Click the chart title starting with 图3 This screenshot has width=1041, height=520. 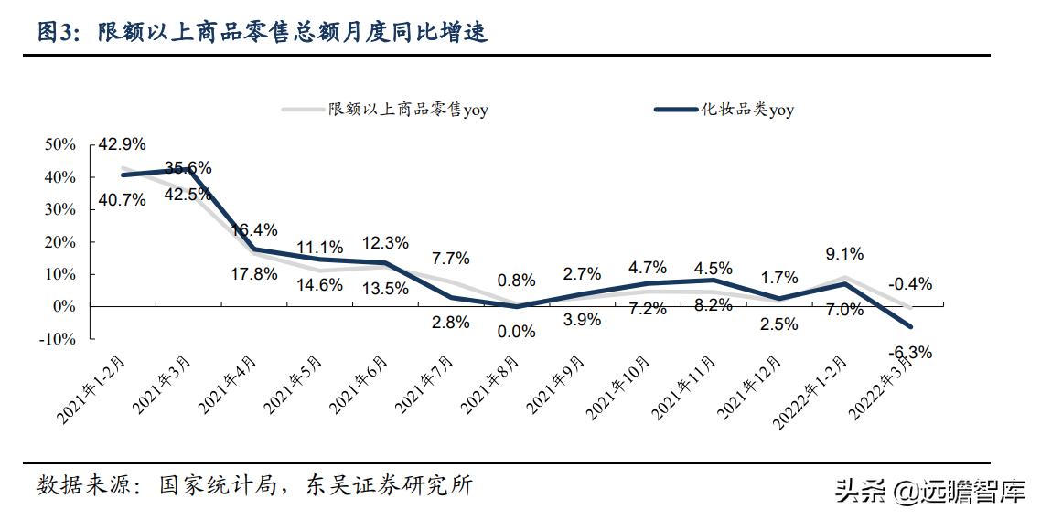tap(262, 33)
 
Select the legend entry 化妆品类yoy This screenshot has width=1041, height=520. tap(724, 111)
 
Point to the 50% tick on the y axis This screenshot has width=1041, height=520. tap(60, 145)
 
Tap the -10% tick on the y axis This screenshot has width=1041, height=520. tap(58, 339)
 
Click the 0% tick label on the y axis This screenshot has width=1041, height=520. tap(64, 307)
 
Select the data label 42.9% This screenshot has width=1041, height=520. tap(123, 144)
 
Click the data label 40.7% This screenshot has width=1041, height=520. tap(123, 199)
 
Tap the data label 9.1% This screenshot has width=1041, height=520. tap(843, 255)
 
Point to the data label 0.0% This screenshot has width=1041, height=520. tap(516, 332)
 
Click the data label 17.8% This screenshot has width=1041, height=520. tap(253, 274)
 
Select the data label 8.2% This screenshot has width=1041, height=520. tap(713, 306)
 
